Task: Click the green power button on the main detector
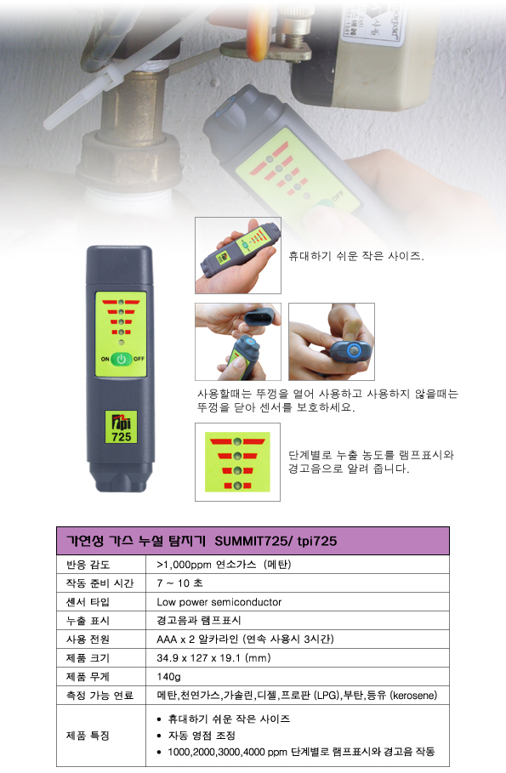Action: coord(122,360)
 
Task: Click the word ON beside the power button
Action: coord(105,359)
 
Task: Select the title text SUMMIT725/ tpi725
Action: coord(276,541)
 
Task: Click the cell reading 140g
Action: coord(168,677)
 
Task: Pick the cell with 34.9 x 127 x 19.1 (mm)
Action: coord(213,658)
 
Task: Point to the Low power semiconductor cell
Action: coord(219,602)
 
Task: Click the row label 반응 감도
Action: coord(88,565)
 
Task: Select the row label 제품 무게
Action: coord(88,677)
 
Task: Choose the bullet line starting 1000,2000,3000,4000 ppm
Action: coord(301,752)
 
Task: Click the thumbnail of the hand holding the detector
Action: coord(238,255)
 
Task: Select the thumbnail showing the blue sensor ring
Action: coord(332,342)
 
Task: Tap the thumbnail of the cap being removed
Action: coord(238,342)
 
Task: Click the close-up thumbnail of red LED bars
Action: coord(238,462)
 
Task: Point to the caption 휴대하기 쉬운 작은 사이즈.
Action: coord(356,256)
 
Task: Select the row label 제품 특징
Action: coord(88,736)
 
